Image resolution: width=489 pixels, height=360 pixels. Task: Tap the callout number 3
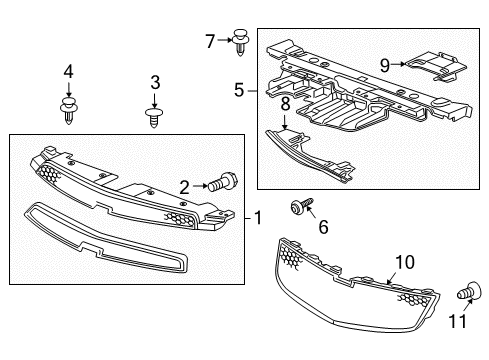pos(155,81)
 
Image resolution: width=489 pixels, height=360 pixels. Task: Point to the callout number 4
pos(68,71)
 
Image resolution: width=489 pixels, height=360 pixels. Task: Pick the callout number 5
pos(239,90)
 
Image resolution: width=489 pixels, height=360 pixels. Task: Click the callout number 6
pos(323,228)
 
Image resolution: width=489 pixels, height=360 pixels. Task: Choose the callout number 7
pos(209,41)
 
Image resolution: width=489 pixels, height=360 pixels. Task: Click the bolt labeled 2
pos(222,184)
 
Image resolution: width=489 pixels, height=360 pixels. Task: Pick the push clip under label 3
pos(155,118)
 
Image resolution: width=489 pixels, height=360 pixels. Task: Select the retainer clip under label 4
pos(68,109)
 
